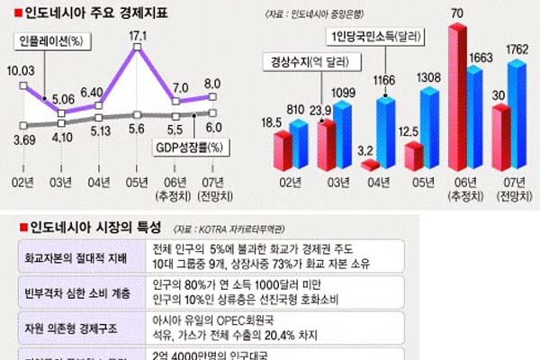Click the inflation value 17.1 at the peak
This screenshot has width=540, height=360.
click(139, 36)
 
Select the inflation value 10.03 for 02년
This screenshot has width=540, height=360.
click(22, 70)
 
